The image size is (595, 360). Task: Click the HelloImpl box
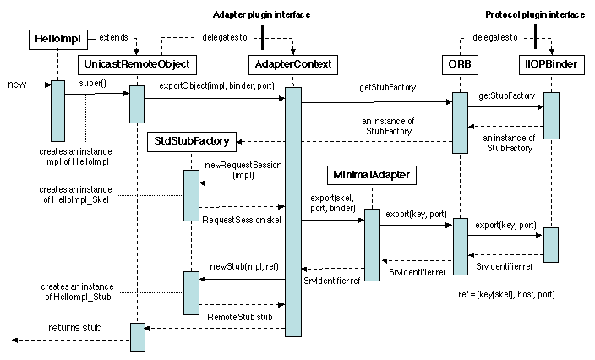pyautogui.click(x=57, y=39)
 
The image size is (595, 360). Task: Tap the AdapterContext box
pyautogui.click(x=293, y=64)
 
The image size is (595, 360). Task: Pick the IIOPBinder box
pyautogui.click(x=550, y=64)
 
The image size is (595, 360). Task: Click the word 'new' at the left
pyautogui.click(x=17, y=85)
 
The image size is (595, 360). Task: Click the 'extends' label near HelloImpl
pyautogui.click(x=114, y=38)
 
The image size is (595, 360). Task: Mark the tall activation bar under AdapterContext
pyautogui.click(x=293, y=211)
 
